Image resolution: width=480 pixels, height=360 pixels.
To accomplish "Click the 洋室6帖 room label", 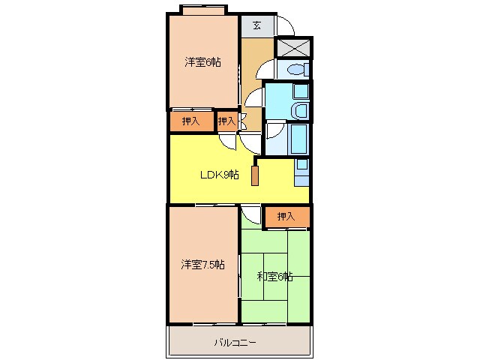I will pyautogui.click(x=202, y=63).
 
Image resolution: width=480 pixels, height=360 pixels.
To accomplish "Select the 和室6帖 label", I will pyautogui.click(x=275, y=276).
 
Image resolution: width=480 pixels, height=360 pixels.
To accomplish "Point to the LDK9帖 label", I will pyautogui.click(x=219, y=175).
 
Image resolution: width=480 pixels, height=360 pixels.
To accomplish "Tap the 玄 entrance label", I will pyautogui.click(x=256, y=25).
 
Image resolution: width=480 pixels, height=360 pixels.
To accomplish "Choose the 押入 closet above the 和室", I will pyautogui.click(x=286, y=216).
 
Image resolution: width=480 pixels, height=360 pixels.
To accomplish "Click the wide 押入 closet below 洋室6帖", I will pyautogui.click(x=190, y=121).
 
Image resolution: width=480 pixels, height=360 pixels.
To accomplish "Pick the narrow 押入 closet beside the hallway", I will pyautogui.click(x=226, y=121).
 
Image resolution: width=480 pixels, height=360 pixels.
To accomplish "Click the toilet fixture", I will pyautogui.click(x=296, y=70).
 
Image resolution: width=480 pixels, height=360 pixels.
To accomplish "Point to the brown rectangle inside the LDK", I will pyautogui.click(x=255, y=175).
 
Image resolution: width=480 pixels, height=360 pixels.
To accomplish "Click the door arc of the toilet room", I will pyautogui.click(x=266, y=71).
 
